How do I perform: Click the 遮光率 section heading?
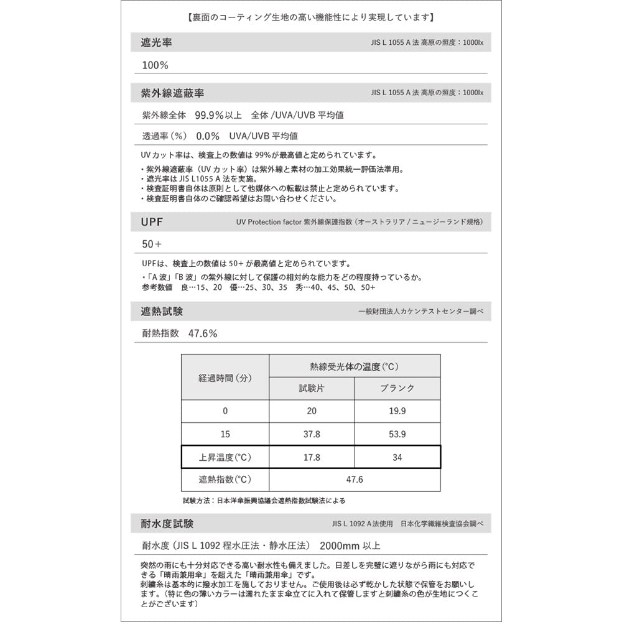[x=157, y=43]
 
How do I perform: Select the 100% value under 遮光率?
[x=155, y=65]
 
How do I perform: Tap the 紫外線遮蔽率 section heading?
[x=172, y=93]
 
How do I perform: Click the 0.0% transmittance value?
[x=208, y=136]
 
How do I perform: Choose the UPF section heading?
[x=152, y=221]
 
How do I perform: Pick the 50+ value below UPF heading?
[x=152, y=244]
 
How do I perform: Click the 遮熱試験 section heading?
[x=162, y=311]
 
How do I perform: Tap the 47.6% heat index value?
[x=203, y=333]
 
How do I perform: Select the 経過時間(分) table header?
[x=225, y=378]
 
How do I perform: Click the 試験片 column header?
[x=311, y=388]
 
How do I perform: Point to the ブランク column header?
[x=397, y=388]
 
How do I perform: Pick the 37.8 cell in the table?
[x=311, y=434]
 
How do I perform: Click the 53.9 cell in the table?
[x=397, y=434]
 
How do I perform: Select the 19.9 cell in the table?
[x=397, y=411]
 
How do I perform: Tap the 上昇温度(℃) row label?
[x=225, y=457]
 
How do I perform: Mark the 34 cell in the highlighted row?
[x=397, y=457]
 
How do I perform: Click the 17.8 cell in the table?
[x=311, y=457]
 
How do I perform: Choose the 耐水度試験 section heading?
[x=167, y=523]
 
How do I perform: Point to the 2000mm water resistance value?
[x=350, y=546]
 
